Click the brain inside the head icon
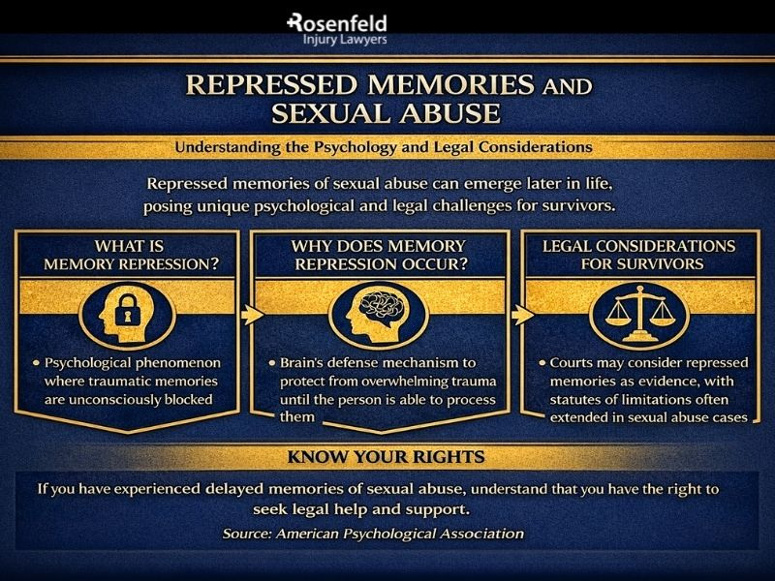pos(387,313)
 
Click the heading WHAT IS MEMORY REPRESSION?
pos(131,254)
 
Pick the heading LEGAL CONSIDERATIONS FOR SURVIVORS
pos(638,254)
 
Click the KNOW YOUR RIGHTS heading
pos(385,454)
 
